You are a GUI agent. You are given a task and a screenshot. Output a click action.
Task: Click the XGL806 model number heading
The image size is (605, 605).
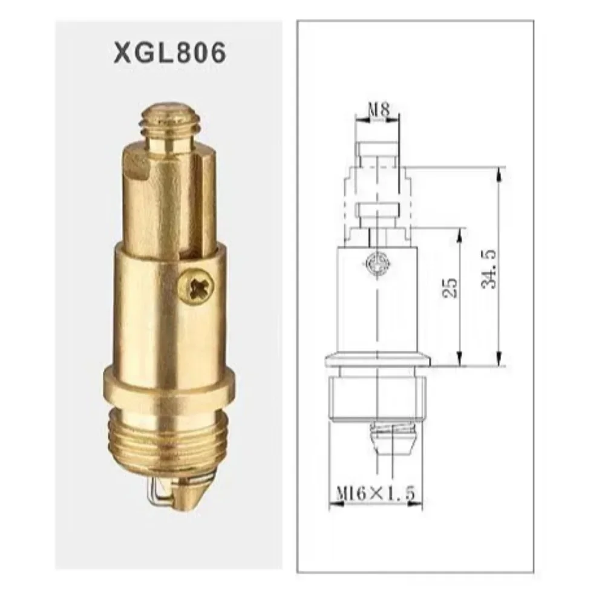169,53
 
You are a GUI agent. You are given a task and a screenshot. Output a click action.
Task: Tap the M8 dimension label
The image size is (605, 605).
379,110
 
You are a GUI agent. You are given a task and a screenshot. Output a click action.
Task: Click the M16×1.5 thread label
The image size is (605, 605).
375,495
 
